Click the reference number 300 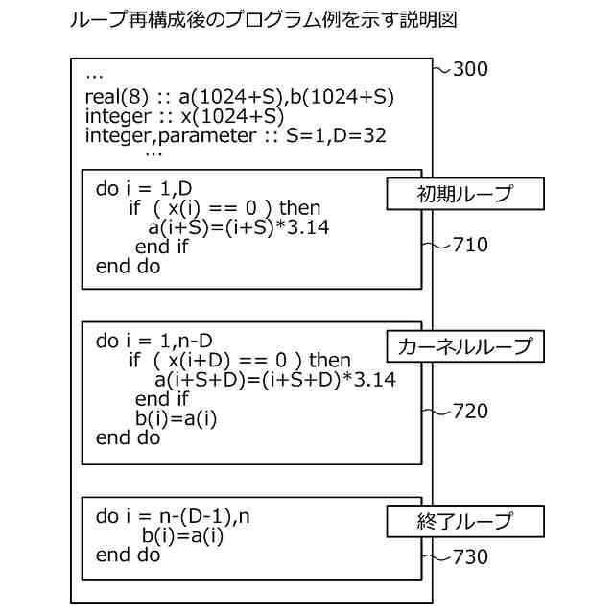(x=470, y=69)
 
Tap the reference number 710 (x=469, y=245)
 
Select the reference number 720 (x=469, y=412)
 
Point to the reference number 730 (x=469, y=557)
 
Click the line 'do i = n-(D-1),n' (x=173, y=517)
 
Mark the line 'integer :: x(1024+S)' (x=184, y=116)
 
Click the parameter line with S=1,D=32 (x=235, y=135)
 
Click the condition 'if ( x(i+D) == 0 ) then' (x=240, y=361)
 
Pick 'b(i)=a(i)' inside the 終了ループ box (x=182, y=536)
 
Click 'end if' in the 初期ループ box (x=162, y=247)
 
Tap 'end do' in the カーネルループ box (x=129, y=437)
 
